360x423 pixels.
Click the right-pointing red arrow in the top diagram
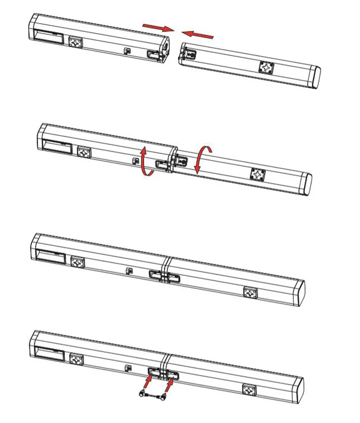pyautogui.click(x=158, y=27)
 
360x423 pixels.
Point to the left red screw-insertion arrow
pyautogui.click(x=148, y=382)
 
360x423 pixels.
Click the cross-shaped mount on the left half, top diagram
pyautogui.click(x=76, y=42)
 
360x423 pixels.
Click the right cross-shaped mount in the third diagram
pyautogui.click(x=250, y=292)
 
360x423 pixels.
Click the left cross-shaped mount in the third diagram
pyautogui.click(x=78, y=262)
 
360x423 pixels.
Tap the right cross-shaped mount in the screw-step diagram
pyautogui.click(x=249, y=389)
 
